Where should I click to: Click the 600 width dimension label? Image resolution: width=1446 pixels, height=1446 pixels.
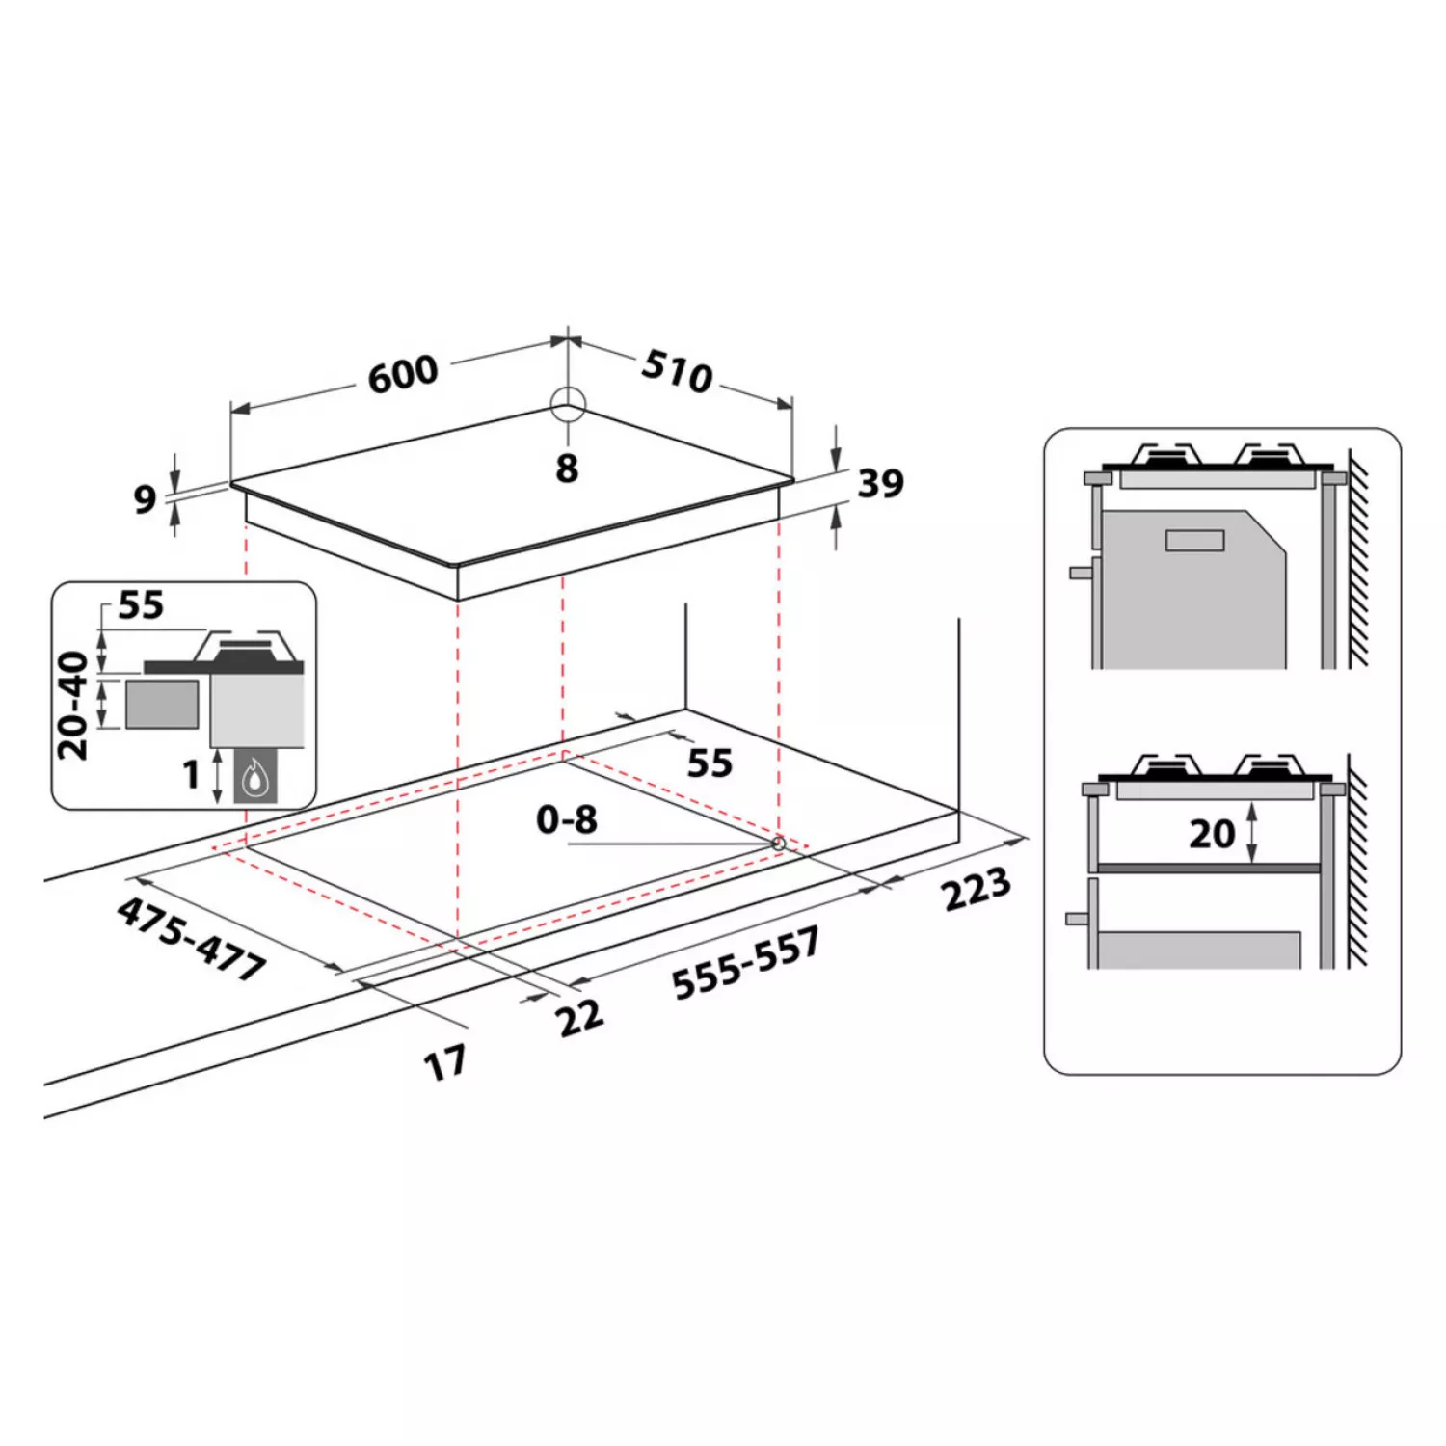403,374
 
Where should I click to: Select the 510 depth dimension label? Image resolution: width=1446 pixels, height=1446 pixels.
678,370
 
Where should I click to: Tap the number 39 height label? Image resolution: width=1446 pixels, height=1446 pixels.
881,483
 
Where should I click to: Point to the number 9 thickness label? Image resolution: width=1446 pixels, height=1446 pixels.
145,498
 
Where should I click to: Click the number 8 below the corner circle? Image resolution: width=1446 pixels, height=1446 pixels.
567,469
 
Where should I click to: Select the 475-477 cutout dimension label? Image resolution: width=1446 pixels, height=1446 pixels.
192,938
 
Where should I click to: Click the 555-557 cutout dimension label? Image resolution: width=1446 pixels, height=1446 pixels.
746,963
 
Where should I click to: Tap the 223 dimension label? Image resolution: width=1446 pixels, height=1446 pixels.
977,889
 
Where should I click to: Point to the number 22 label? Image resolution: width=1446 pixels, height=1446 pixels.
579,1018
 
